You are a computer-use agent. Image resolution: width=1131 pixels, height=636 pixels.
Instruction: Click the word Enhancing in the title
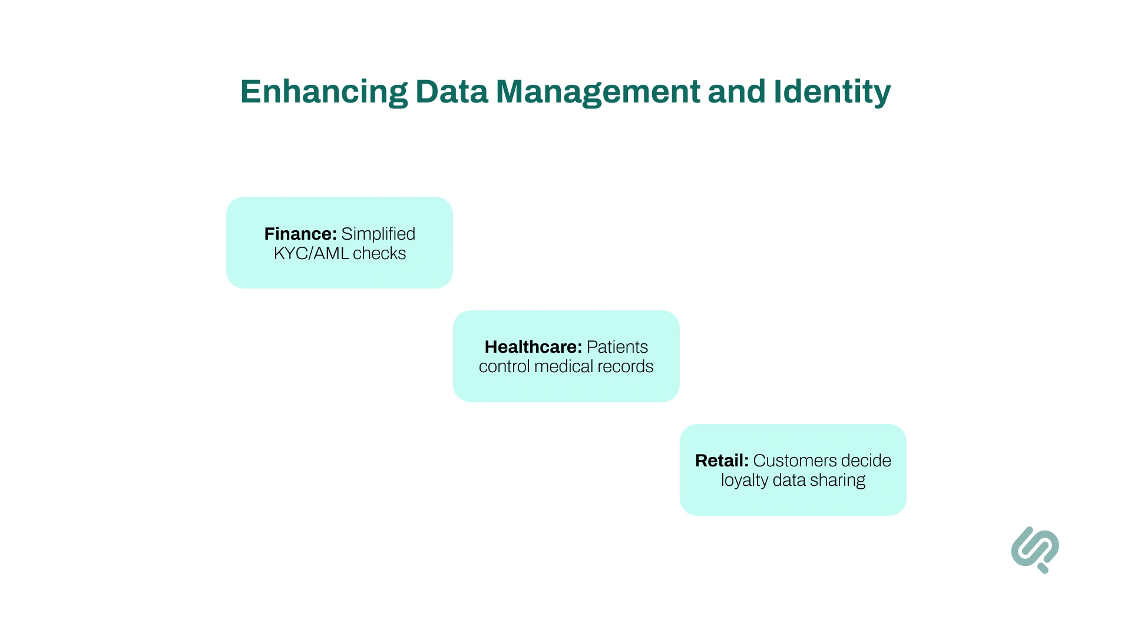[323, 92]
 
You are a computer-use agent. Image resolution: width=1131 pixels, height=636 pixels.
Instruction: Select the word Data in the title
[452, 92]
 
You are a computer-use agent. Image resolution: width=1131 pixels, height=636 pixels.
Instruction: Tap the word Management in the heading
[598, 92]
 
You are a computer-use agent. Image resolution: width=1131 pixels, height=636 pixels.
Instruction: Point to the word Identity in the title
[832, 92]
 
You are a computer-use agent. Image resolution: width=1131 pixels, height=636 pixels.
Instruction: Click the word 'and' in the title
[736, 92]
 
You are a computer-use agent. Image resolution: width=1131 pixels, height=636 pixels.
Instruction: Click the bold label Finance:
[300, 234]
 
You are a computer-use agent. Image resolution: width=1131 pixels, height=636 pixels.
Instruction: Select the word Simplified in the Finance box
[378, 234]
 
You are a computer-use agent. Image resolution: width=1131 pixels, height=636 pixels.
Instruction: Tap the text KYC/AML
[311, 253]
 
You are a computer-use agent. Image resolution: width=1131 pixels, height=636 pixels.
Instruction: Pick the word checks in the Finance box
[379, 253]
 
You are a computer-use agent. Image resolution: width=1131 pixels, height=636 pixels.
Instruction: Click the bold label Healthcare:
[533, 347]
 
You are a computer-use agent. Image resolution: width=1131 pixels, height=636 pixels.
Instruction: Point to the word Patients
[617, 347]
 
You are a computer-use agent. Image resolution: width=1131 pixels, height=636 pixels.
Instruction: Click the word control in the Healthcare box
[504, 366]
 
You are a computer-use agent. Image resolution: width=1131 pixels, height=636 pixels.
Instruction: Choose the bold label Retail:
[722, 461]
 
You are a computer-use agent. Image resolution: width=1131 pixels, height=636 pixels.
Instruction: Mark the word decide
[866, 461]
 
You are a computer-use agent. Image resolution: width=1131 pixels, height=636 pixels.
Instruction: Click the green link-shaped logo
[1035, 549]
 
